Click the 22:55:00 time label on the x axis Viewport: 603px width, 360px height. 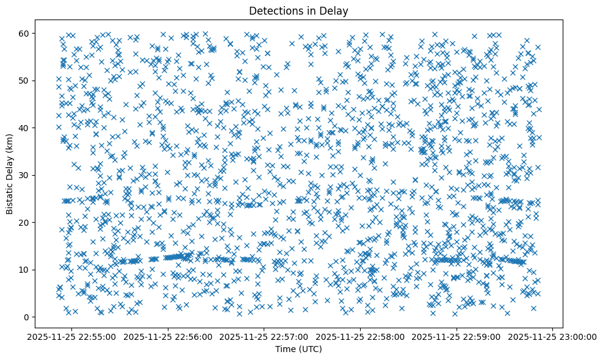(72, 336)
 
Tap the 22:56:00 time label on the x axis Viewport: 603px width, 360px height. (168, 336)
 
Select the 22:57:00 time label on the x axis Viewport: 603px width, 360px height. (264, 336)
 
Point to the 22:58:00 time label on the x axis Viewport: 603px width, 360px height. (361, 336)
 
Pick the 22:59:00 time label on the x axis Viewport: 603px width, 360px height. (457, 336)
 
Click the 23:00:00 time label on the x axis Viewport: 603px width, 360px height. (553, 336)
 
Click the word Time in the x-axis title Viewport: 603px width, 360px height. (285, 349)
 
